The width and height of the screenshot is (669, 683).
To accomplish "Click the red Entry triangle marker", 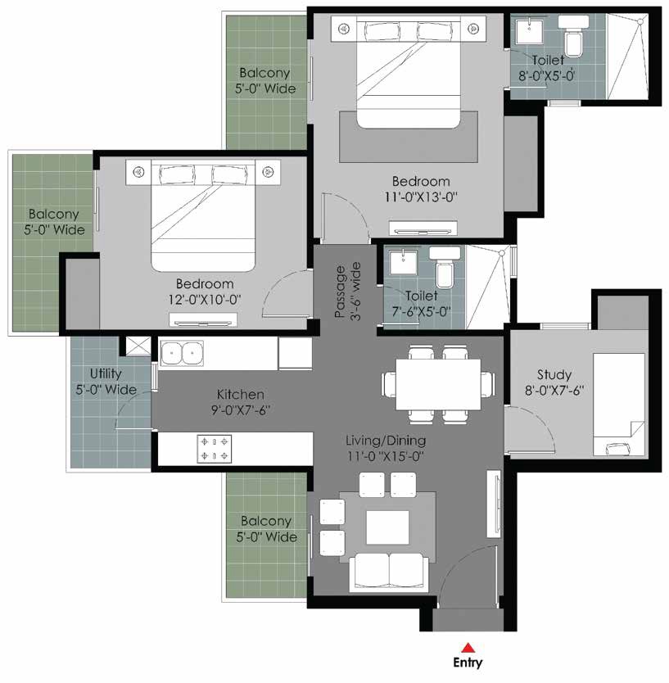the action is (x=468, y=647).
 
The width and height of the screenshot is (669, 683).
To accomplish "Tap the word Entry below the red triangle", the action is (x=468, y=663).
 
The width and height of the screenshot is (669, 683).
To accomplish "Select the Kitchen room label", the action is (x=241, y=394).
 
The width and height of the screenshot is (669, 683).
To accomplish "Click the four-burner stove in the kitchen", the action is (x=215, y=448).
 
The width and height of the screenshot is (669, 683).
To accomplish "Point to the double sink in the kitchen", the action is (x=182, y=353).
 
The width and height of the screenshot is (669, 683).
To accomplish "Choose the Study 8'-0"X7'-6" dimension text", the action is (x=554, y=391).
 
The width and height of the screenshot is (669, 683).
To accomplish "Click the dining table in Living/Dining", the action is (x=438, y=384).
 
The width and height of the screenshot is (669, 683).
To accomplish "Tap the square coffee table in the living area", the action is (x=387, y=527).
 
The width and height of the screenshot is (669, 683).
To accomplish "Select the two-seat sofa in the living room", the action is (x=388, y=572).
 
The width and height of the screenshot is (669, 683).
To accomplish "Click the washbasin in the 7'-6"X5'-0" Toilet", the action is (x=404, y=261).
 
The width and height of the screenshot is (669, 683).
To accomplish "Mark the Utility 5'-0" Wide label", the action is (x=106, y=381).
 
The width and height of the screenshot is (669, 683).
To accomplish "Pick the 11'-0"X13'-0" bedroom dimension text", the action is (x=421, y=197).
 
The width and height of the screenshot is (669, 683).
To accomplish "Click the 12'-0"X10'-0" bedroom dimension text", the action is (x=205, y=300).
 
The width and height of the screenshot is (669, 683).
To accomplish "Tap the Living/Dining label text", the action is (x=386, y=441).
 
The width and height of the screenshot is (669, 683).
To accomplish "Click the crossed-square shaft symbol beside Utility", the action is (x=138, y=346).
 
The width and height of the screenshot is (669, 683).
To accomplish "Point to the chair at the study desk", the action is (x=617, y=449).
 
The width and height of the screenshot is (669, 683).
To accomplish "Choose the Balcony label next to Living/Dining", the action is (x=267, y=529).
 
